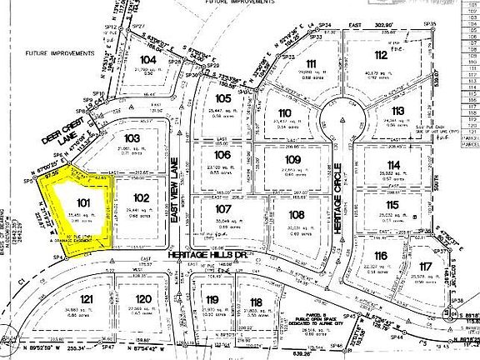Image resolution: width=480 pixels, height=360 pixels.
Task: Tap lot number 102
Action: click(x=141, y=197)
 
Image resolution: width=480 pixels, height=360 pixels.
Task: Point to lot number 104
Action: click(x=149, y=60)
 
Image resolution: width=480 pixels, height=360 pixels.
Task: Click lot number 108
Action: click(x=297, y=214)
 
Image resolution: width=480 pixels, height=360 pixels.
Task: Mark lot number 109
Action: click(x=292, y=159)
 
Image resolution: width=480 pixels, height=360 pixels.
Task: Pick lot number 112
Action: click(x=382, y=56)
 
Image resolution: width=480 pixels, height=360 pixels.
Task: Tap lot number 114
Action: click(x=394, y=165)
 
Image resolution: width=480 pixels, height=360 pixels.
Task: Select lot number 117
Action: click(x=427, y=267)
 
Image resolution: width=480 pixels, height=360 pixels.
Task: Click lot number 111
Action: click(x=311, y=64)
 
